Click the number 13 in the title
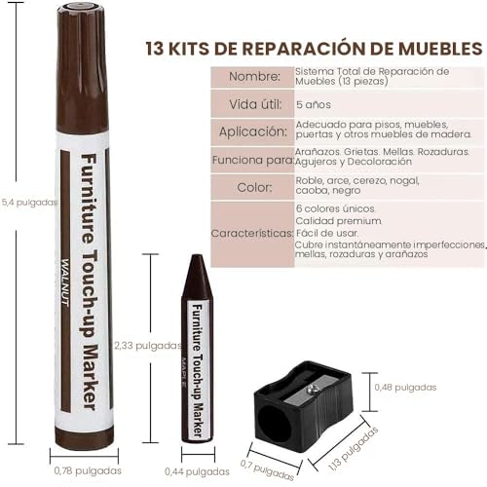[155, 49]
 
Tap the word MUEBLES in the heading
[440, 49]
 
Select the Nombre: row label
[254, 77]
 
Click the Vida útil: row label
[255, 104]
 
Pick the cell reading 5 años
[314, 104]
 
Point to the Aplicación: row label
[253, 131]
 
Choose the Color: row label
[254, 187]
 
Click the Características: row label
[252, 233]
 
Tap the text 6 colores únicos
[335, 208]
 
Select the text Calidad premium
[338, 221]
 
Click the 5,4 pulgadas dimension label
[30, 203]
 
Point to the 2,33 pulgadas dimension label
[148, 345]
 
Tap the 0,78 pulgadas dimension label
[88, 470]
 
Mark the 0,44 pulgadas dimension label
[197, 471]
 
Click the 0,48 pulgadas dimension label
[405, 387]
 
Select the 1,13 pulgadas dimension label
[354, 449]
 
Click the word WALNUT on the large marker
[65, 282]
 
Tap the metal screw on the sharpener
[312, 389]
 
